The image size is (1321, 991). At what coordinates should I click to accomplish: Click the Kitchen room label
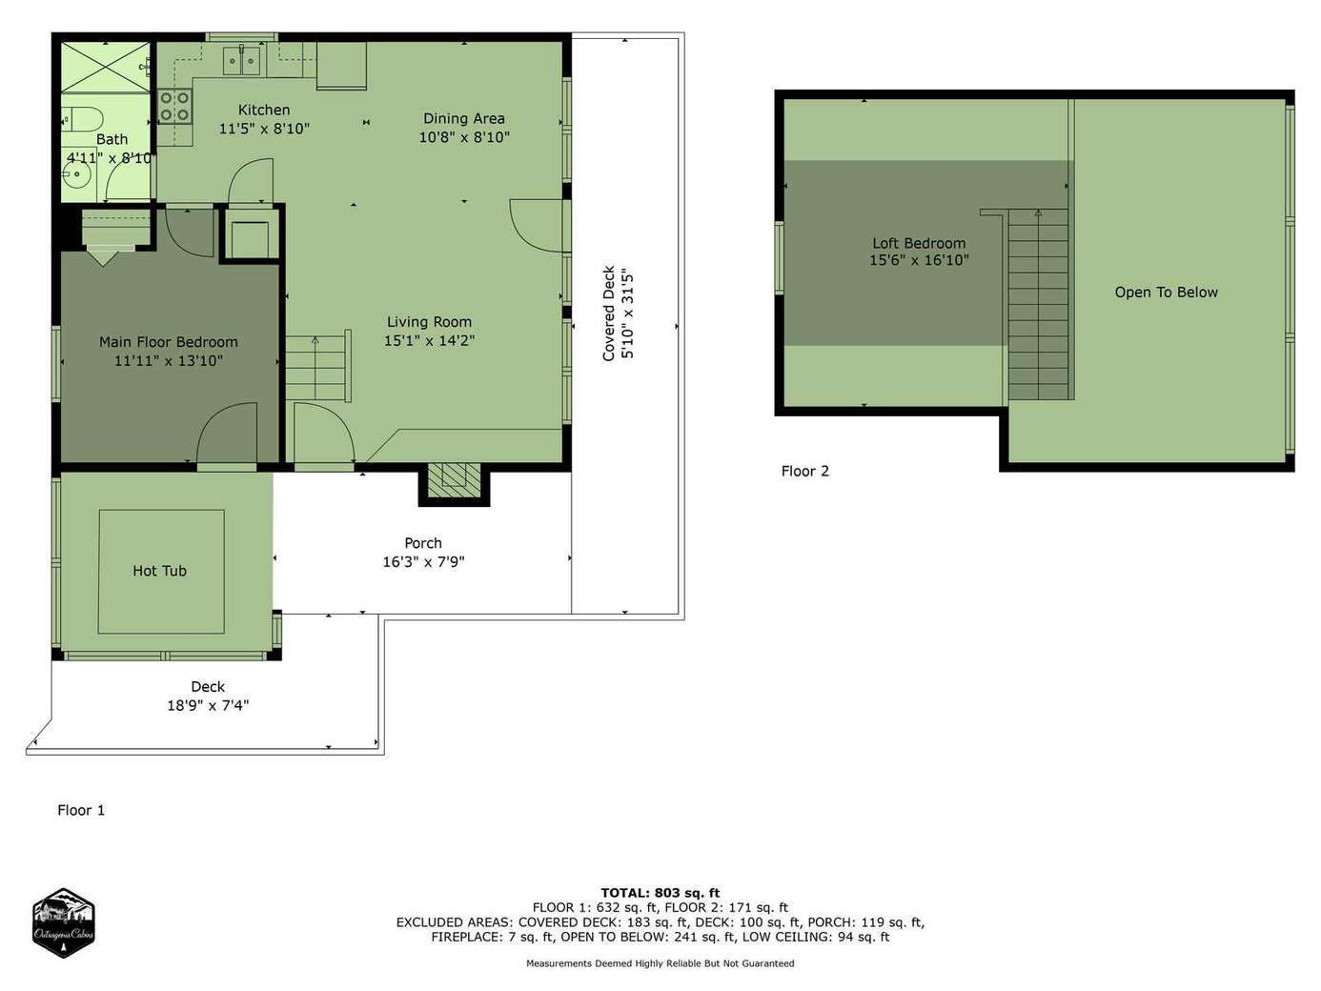tap(264, 111)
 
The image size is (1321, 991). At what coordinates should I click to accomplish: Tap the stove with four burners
tap(175, 107)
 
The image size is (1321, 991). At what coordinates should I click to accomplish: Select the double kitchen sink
tap(242, 60)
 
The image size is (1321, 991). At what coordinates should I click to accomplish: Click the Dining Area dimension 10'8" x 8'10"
tap(464, 137)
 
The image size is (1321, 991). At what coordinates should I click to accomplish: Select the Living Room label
tap(429, 322)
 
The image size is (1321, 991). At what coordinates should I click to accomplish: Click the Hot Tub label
tap(159, 571)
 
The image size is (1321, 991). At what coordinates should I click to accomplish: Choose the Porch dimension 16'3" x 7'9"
tap(424, 562)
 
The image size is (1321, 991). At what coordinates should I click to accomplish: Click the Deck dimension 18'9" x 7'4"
tap(208, 705)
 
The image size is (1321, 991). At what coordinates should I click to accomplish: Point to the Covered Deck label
tap(608, 313)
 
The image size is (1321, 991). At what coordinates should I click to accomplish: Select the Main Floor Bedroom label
tap(169, 342)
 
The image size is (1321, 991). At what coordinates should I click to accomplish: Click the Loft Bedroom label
tap(919, 243)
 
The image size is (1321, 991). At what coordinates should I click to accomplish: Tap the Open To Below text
tap(1166, 293)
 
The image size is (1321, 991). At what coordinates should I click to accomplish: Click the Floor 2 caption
tap(805, 471)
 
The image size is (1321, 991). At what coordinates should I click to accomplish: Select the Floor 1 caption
tap(81, 811)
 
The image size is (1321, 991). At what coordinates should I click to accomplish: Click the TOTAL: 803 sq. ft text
tap(660, 893)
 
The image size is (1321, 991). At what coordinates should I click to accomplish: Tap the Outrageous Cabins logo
tap(63, 922)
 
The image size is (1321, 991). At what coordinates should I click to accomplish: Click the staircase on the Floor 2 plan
tap(1038, 305)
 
